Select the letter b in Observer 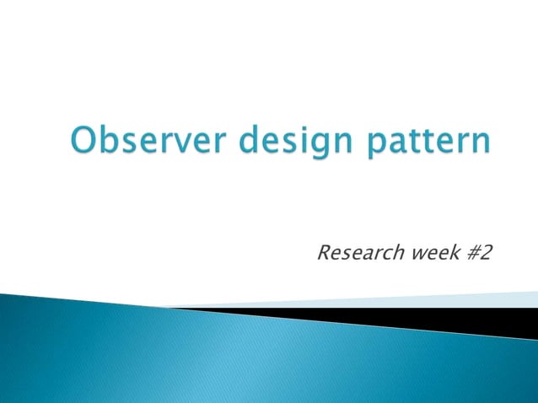(109, 138)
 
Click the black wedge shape (472, 320)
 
